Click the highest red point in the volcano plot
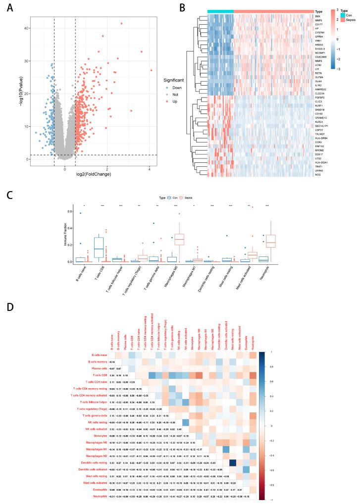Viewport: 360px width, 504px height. (x=121, y=23)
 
